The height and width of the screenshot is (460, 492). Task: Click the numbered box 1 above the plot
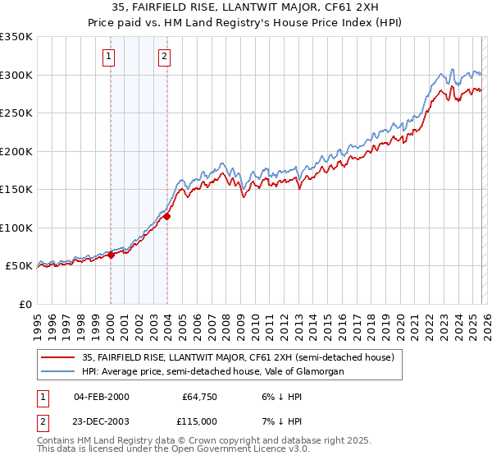[x=109, y=57]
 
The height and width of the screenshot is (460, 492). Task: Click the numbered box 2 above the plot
[x=165, y=57]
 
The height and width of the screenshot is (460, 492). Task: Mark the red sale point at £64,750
[x=111, y=255]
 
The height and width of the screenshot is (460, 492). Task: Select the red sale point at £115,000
[x=167, y=217]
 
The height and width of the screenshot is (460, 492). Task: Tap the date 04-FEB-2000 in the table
[x=101, y=396]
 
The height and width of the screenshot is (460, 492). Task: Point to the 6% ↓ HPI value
[x=274, y=396]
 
